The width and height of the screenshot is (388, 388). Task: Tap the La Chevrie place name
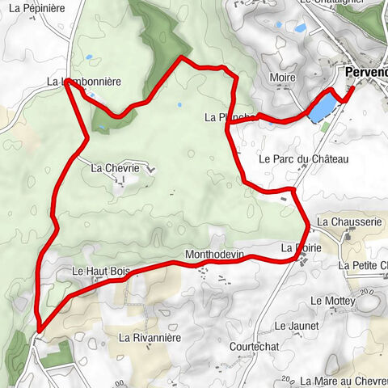point(116,168)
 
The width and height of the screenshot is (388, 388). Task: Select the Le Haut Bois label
point(101,271)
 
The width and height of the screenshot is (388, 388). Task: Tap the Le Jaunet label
point(291,326)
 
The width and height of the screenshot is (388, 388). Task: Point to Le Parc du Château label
point(303,160)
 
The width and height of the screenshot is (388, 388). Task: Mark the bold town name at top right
point(365,72)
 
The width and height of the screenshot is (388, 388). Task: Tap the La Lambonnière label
point(84,82)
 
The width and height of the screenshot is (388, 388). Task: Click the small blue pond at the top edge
point(300,27)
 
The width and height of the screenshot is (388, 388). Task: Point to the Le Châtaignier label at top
point(331,2)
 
